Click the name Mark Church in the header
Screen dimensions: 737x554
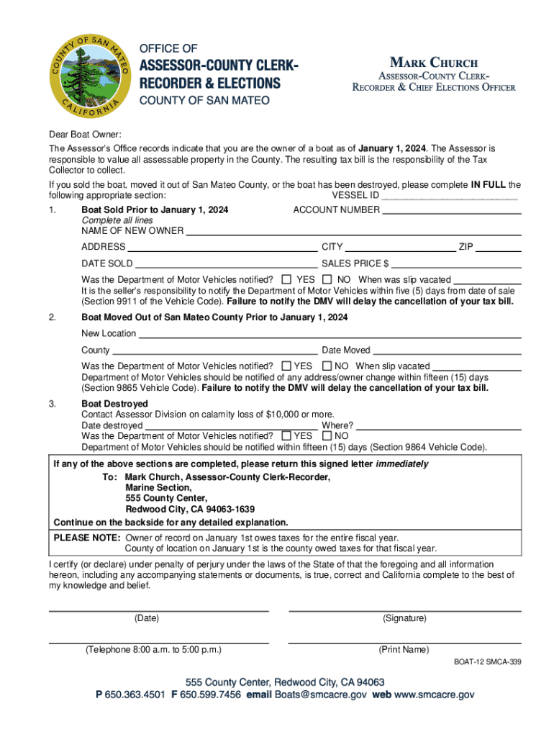[x=434, y=63]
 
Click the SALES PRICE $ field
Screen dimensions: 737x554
[x=456, y=264]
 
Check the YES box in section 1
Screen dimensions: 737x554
[x=287, y=279]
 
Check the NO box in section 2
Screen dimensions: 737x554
[x=327, y=367]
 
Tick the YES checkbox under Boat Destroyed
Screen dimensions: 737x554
[x=287, y=435]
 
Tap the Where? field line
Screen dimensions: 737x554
[x=438, y=425]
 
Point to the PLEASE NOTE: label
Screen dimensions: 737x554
[x=87, y=538]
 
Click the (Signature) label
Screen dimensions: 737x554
[x=404, y=618]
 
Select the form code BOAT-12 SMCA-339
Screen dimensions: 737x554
[x=486, y=663]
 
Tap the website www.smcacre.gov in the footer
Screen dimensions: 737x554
[x=434, y=695]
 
